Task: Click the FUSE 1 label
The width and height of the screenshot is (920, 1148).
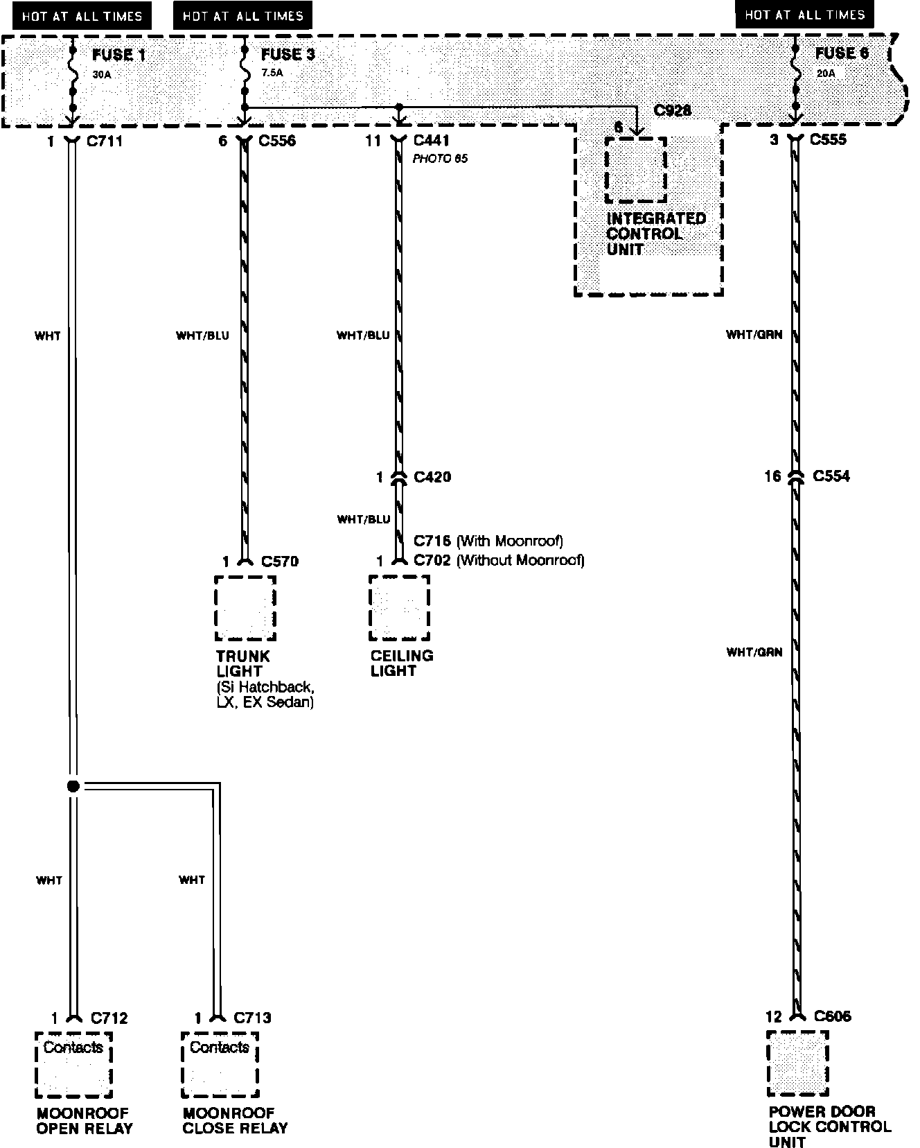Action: (x=118, y=55)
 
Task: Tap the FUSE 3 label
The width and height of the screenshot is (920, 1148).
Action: (x=287, y=55)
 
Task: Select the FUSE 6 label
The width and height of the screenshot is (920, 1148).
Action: (x=842, y=53)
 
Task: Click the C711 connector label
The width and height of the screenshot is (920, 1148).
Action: (x=104, y=141)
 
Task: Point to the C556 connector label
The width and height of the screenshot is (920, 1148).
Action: (x=277, y=141)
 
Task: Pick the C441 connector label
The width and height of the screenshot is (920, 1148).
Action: (x=432, y=141)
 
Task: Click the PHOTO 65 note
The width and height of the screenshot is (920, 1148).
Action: (x=440, y=159)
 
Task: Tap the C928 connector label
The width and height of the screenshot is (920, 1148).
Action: (x=672, y=111)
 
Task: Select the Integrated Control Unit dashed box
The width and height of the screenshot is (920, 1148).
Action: (x=635, y=170)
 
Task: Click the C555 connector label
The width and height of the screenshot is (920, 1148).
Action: (x=829, y=140)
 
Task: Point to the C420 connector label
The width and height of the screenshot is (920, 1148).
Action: (x=432, y=477)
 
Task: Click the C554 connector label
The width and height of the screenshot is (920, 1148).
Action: (x=831, y=476)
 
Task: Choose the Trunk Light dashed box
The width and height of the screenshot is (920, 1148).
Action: (x=245, y=608)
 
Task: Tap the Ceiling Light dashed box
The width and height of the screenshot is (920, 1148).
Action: (x=400, y=607)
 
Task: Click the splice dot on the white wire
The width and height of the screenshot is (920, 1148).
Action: (x=73, y=786)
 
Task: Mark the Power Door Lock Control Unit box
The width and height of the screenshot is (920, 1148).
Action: (x=797, y=1063)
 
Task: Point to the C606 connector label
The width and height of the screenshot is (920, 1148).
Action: (x=833, y=1016)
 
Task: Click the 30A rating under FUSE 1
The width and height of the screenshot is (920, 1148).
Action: (x=102, y=73)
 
